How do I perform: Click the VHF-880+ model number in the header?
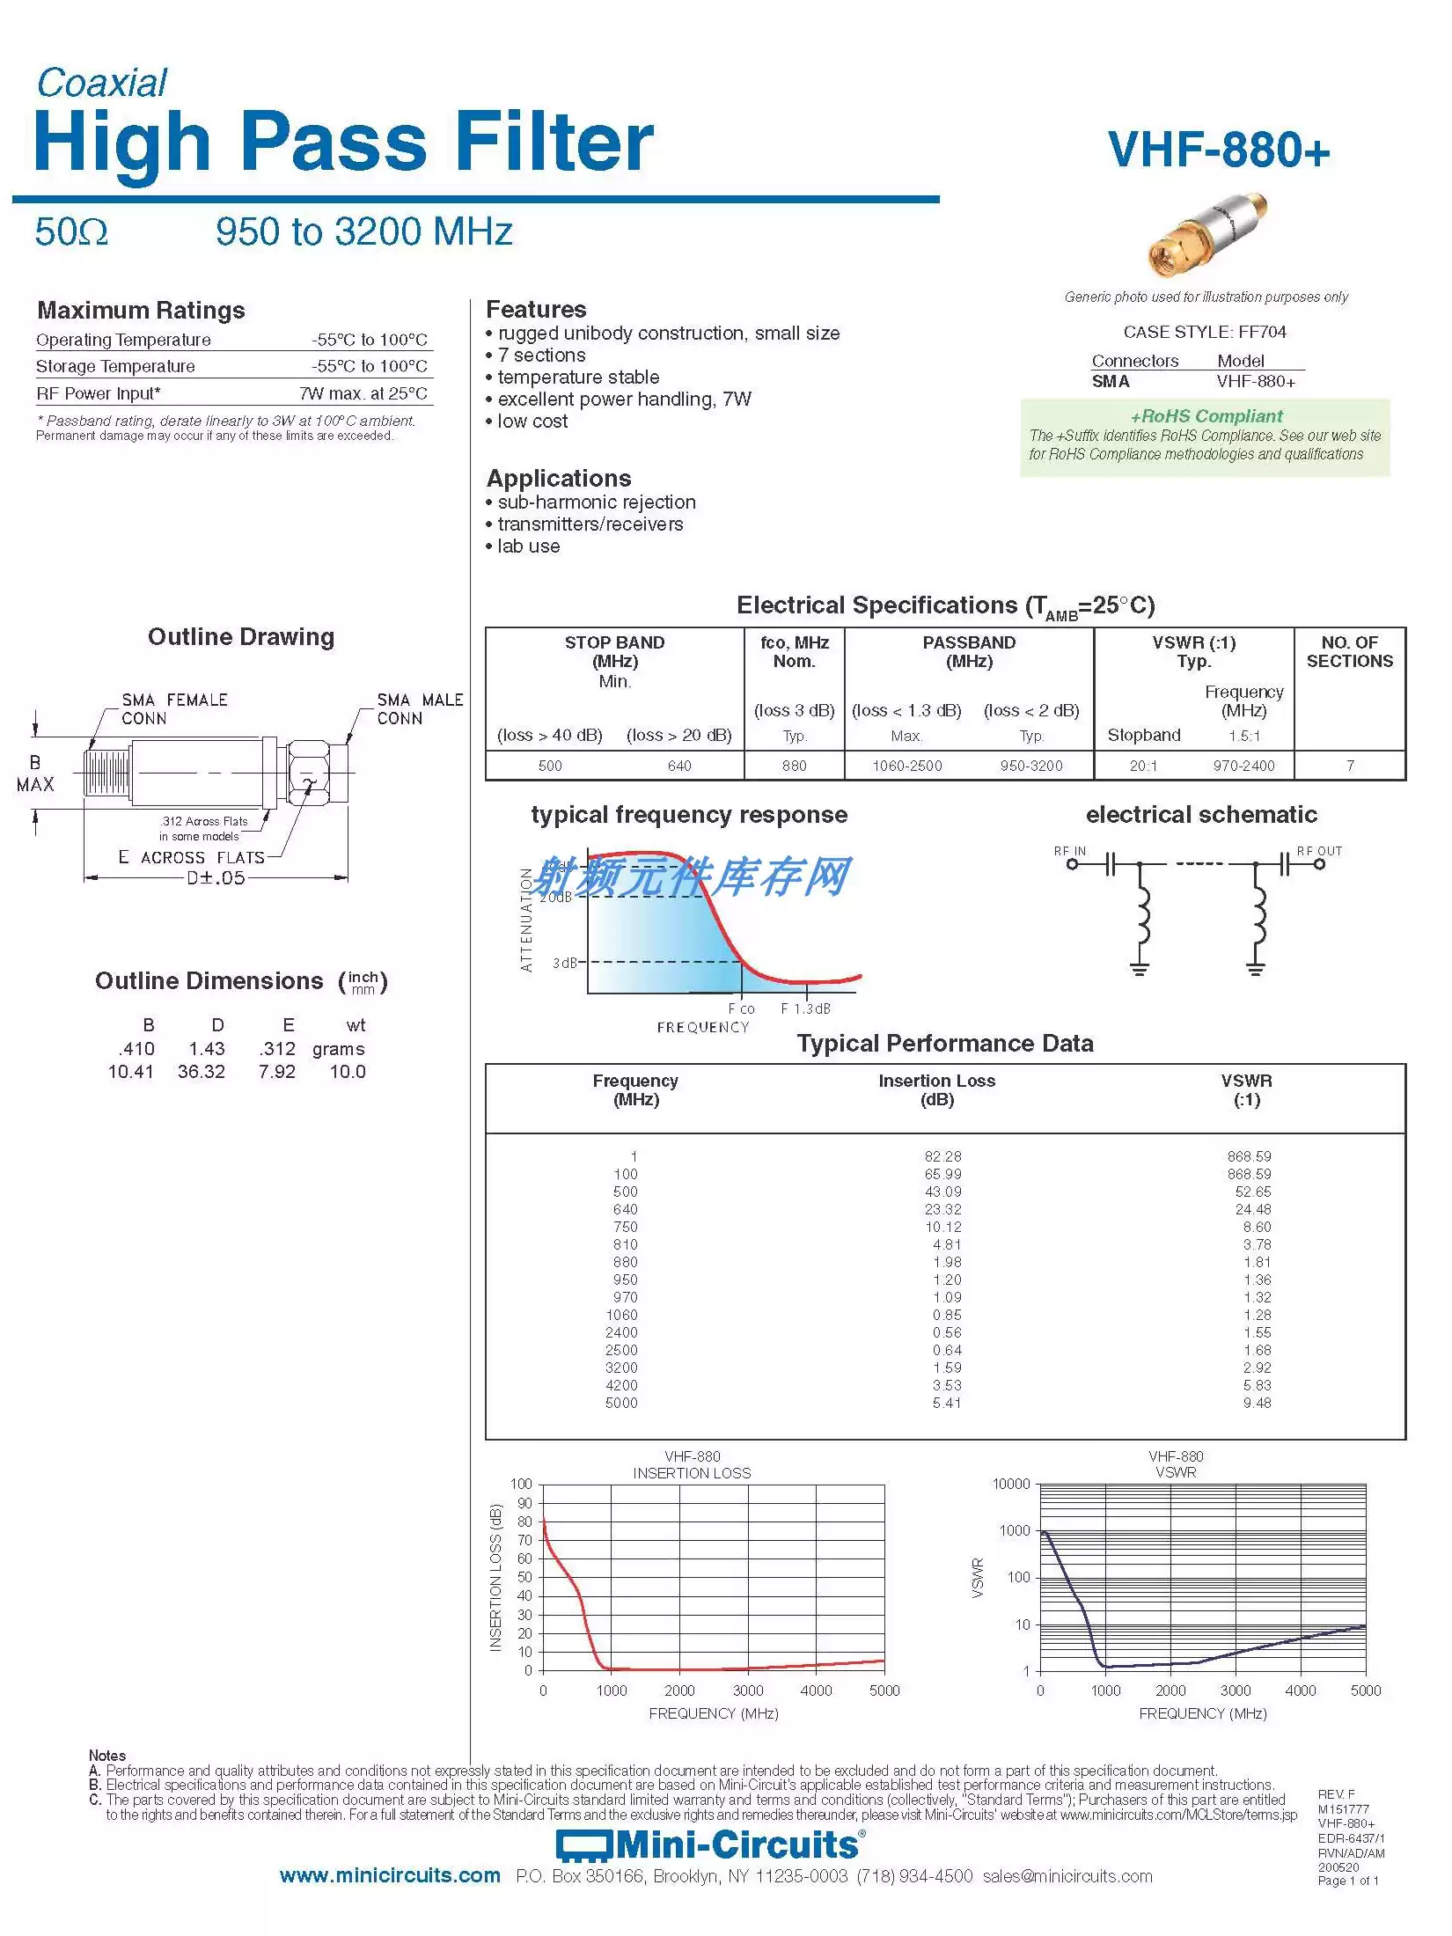(1219, 150)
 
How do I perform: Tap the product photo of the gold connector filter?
(1207, 234)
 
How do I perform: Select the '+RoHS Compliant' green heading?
(1206, 416)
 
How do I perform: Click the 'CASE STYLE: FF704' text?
(1204, 332)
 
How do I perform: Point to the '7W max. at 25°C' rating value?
(363, 393)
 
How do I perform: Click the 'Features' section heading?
(536, 310)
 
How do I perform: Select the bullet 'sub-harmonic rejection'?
(596, 502)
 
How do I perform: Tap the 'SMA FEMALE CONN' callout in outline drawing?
(174, 709)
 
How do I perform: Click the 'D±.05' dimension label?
(216, 877)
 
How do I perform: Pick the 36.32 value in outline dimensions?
(202, 1072)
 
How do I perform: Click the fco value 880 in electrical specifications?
(794, 766)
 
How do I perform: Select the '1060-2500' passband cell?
(906, 766)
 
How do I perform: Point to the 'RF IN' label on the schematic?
(1069, 851)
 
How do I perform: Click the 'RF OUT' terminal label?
(1319, 851)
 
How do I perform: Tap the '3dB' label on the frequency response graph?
(565, 963)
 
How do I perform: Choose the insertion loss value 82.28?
(942, 1156)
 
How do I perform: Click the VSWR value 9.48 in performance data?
(1257, 1403)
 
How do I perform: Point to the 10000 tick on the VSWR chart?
(1010, 1485)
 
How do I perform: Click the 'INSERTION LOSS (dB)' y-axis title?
(495, 1577)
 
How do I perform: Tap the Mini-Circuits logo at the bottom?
(710, 1844)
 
